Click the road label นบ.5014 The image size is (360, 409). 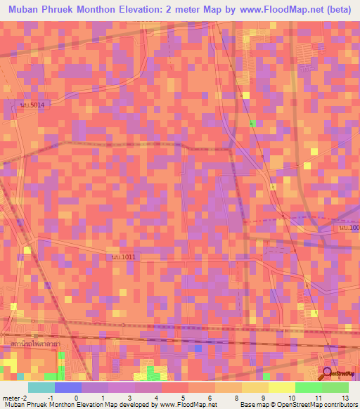point(32,105)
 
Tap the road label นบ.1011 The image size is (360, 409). point(123,257)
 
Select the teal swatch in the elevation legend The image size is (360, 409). point(41,387)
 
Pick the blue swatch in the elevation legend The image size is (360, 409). point(68,387)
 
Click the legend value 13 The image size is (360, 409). point(345,398)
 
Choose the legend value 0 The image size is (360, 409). point(76,398)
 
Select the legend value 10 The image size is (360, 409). point(291,398)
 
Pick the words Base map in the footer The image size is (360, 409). point(252,405)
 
